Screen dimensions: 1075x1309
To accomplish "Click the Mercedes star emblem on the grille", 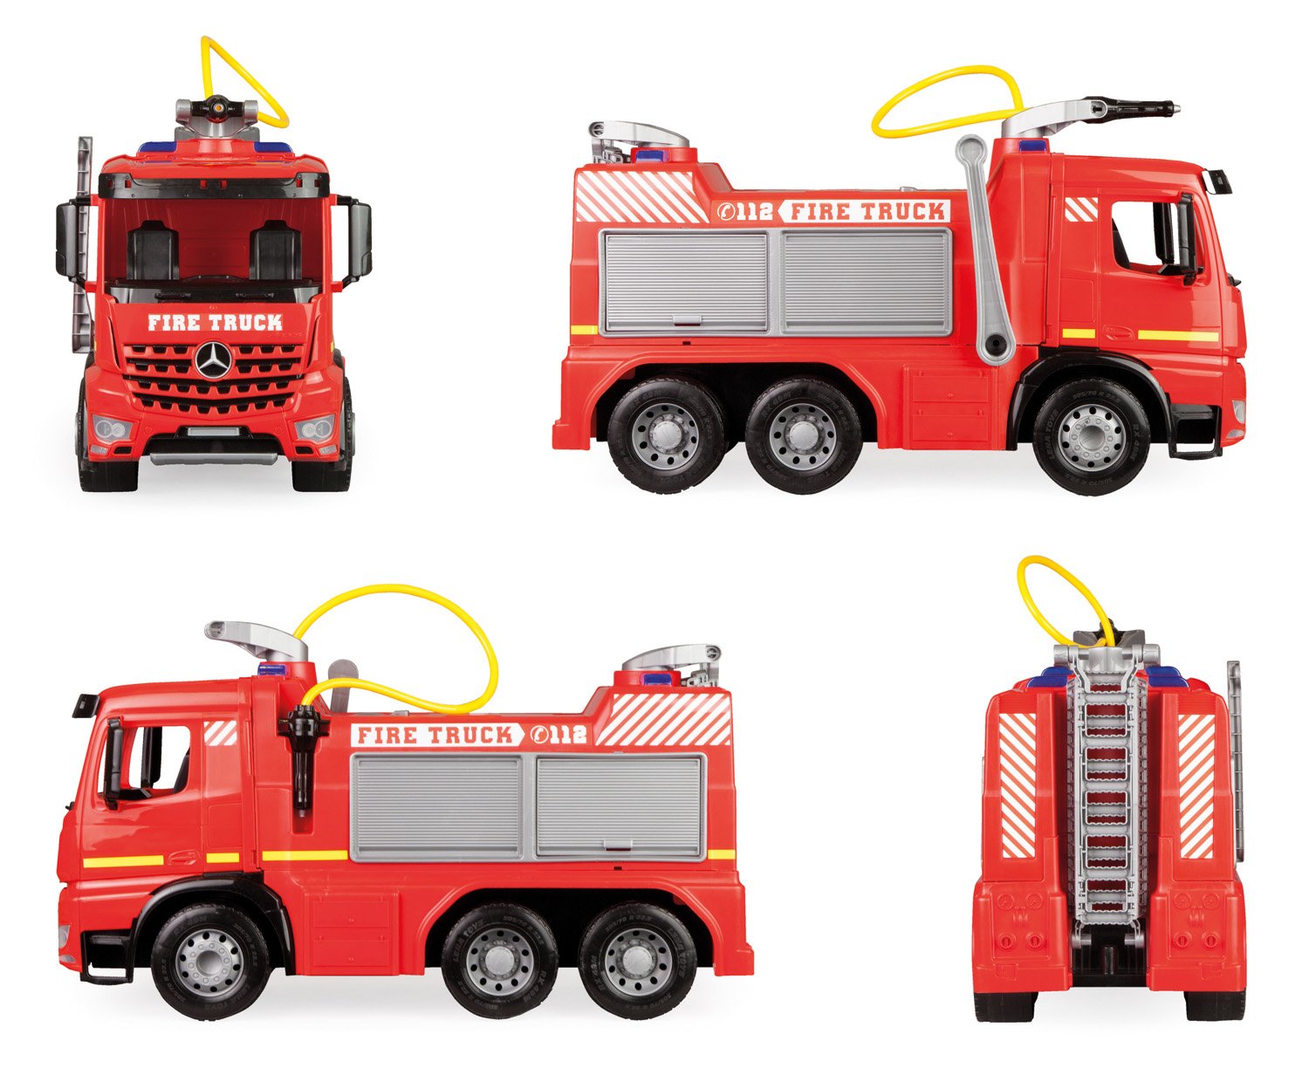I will coord(210,360).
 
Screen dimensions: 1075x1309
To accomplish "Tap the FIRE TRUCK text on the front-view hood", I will coord(215,323).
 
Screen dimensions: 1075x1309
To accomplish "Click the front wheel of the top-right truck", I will coord(1090,436).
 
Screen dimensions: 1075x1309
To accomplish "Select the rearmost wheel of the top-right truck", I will coord(667,435).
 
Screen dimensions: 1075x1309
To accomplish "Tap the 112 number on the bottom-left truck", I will coord(564,735).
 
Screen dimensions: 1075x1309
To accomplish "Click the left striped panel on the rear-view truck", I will coord(1018,784).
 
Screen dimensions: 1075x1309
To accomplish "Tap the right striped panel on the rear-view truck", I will coord(1196,784).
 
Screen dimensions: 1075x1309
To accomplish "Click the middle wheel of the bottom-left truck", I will coord(499,960).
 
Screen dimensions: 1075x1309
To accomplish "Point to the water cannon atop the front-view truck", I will coord(216,111).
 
